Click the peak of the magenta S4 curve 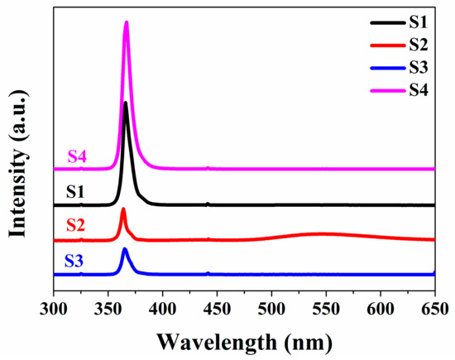point(127,22)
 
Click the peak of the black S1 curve point(125,103)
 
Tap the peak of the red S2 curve point(123,209)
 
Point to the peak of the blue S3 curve point(125,248)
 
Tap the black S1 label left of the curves point(77,193)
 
